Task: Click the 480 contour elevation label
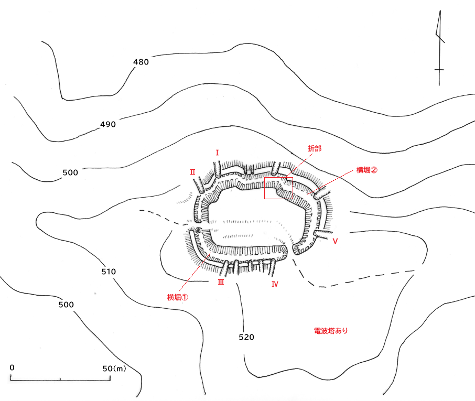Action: (x=141, y=62)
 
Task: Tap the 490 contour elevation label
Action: (x=107, y=124)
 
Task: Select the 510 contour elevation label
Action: (x=108, y=272)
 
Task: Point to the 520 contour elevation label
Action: (x=246, y=337)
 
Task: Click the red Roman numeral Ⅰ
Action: (x=217, y=153)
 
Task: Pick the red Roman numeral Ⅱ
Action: (x=192, y=171)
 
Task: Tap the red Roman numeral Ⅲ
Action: (x=221, y=283)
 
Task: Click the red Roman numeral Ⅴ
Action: (x=334, y=241)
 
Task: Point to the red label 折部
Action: (x=314, y=149)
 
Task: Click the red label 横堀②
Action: (x=366, y=170)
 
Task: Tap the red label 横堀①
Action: (x=178, y=297)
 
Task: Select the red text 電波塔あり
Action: (x=331, y=331)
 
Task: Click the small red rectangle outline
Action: (x=278, y=188)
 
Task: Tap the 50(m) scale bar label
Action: (x=114, y=369)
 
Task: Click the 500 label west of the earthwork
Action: (x=70, y=172)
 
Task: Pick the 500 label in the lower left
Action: (x=66, y=305)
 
